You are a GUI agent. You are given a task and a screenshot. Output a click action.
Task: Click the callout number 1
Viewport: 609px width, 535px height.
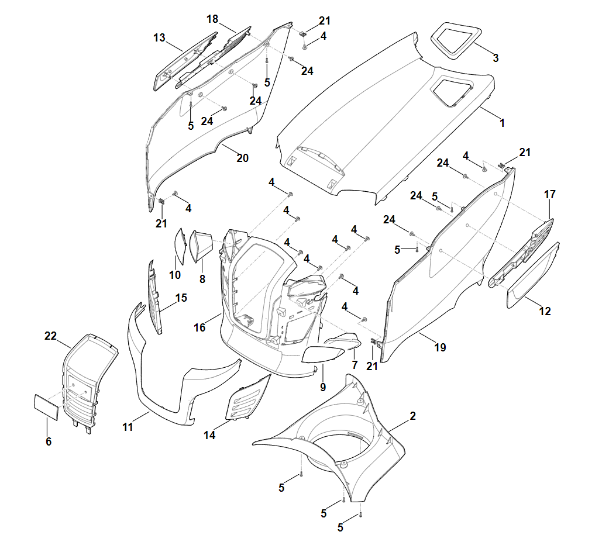[501, 124]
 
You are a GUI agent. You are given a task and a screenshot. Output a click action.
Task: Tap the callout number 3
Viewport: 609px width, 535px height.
[496, 58]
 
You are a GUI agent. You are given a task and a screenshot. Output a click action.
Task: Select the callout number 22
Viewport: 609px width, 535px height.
[50, 336]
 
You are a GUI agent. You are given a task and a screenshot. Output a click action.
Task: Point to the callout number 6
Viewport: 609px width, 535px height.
[48, 442]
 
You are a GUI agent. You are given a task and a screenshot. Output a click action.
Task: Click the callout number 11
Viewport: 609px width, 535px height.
[128, 427]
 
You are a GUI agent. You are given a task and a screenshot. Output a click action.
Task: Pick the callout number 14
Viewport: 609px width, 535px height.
[209, 435]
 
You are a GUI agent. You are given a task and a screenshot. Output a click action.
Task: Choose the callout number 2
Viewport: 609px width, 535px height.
[412, 416]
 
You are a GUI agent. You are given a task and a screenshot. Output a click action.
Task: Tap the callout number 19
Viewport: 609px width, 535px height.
[440, 347]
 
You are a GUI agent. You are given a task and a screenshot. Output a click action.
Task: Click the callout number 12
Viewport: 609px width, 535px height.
[545, 312]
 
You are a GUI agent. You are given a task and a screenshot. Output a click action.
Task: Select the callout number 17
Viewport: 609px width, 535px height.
[549, 194]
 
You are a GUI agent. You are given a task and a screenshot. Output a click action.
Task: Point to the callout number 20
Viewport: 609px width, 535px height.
[242, 158]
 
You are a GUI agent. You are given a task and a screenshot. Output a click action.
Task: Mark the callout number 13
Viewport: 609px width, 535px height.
[159, 38]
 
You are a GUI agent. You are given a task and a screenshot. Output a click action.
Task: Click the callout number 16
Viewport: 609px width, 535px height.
[199, 327]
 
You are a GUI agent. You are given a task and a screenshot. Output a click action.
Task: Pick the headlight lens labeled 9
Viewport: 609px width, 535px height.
[322, 354]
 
